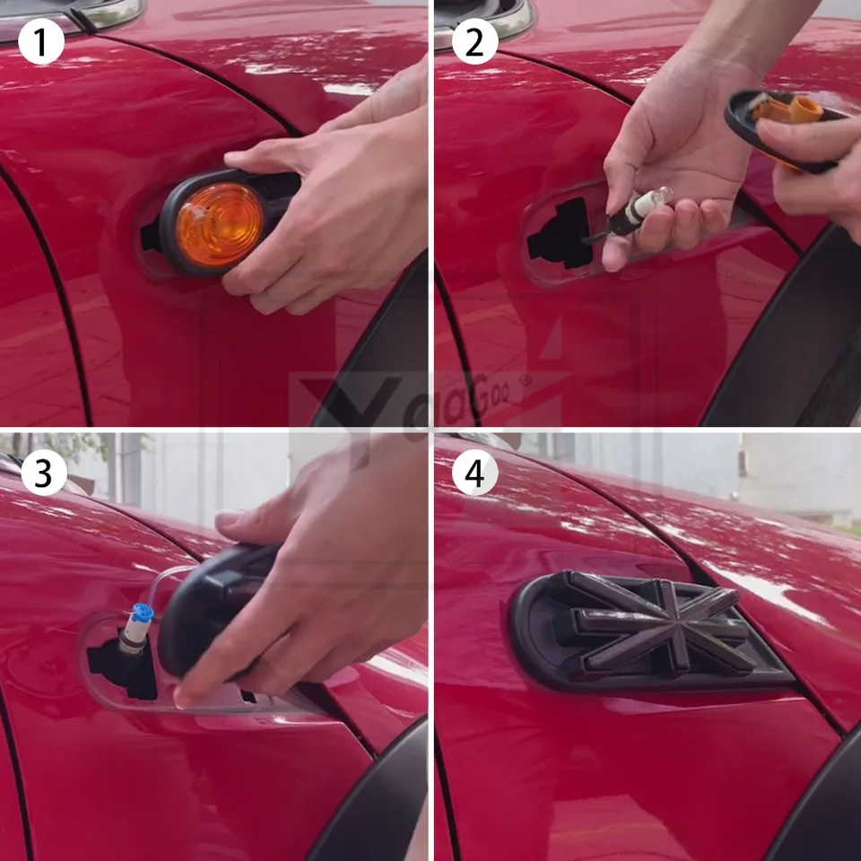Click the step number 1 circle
pos(41,41)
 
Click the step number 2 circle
pos(474,41)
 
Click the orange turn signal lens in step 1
pos(219,224)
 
